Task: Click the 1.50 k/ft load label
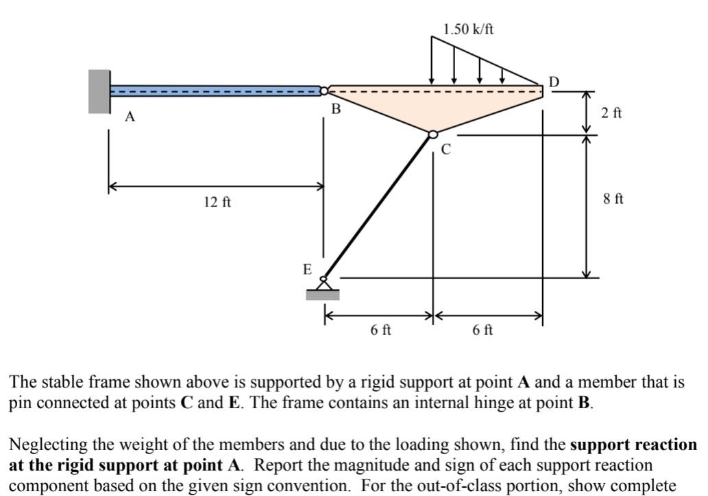(468, 29)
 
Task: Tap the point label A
(130, 117)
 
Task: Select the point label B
(336, 108)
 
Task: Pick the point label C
(446, 149)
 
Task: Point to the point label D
(554, 82)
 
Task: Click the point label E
(308, 269)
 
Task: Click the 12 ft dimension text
(217, 202)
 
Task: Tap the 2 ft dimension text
(612, 113)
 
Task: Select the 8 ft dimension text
(613, 199)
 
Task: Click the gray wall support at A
(99, 91)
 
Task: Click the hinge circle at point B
(324, 91)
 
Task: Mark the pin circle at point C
(433, 135)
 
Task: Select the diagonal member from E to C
(378, 206)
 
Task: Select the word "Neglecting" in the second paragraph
(41, 444)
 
